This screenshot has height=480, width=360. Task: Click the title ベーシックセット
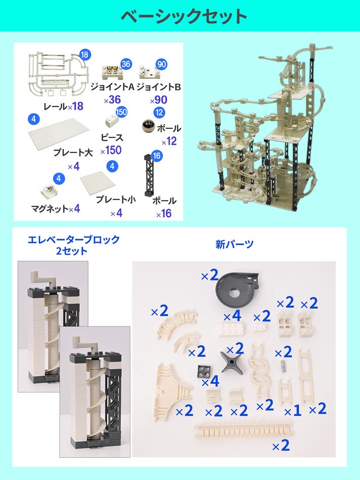click(x=184, y=16)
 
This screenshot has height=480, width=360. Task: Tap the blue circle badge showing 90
click(x=161, y=64)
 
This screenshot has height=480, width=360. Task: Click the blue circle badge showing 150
click(x=121, y=112)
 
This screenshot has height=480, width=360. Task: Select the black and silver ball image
click(x=149, y=126)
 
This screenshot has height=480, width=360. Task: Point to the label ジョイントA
click(x=112, y=87)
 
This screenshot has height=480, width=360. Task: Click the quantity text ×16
click(x=164, y=213)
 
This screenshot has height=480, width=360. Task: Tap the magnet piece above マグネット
click(x=49, y=191)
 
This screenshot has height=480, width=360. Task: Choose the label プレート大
click(x=73, y=152)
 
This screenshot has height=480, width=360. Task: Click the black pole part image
click(x=149, y=175)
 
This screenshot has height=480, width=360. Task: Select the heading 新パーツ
click(x=235, y=244)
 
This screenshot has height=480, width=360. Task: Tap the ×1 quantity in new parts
click(x=293, y=411)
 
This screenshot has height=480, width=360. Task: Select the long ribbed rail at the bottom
click(x=244, y=432)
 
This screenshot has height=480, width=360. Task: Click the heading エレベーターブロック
click(x=73, y=239)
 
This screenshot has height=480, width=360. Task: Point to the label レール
click(x=55, y=107)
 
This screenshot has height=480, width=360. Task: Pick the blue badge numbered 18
click(x=85, y=55)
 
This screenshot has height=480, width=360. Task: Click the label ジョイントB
click(x=158, y=87)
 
